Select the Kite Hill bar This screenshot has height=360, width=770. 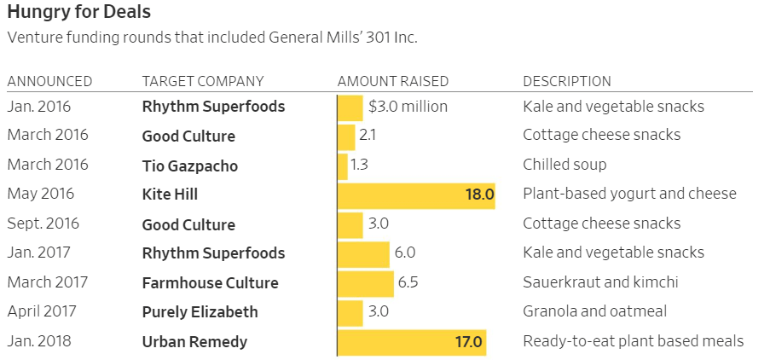coord(416,195)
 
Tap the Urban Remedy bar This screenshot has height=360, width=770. coord(412,342)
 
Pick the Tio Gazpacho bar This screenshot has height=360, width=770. coord(343,165)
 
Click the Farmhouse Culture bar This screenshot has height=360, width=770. coord(366,283)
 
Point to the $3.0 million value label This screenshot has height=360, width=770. coord(408,107)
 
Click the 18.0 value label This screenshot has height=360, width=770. coord(479,195)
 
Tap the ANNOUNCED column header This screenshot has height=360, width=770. coord(49,82)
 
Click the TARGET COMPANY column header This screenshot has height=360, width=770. coord(203,82)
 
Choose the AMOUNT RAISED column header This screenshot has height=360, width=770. coord(393,82)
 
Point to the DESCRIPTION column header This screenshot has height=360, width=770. coord(566,82)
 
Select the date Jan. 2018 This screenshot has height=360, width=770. coord(39,342)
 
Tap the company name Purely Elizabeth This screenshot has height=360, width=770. coord(200,312)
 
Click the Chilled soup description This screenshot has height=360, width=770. coord(564,165)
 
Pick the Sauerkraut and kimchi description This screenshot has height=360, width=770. coord(600,282)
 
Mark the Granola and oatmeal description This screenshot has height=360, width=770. coord(594,312)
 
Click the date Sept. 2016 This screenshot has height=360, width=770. coord(42,224)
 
